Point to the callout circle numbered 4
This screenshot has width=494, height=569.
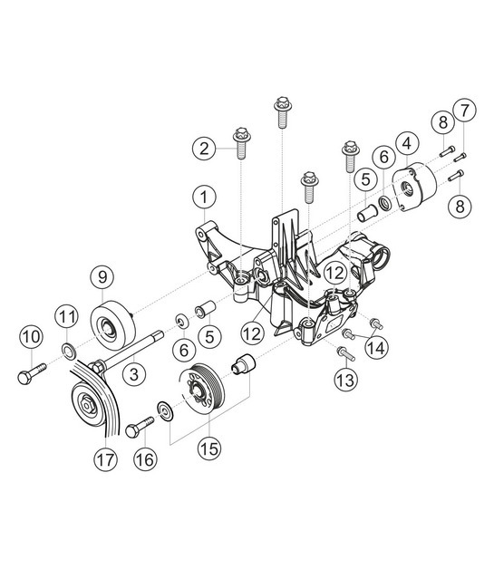(409, 142)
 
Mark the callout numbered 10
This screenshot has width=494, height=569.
(32, 337)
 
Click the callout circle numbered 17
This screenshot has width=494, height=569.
(106, 459)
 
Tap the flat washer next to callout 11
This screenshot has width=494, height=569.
(69, 349)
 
